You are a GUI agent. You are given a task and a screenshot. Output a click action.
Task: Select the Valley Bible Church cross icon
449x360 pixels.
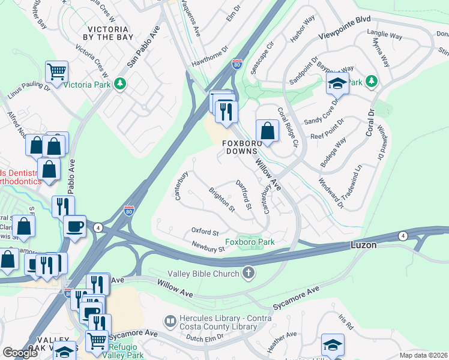point(248,274)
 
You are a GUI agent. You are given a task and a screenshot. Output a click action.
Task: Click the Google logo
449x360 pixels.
point(20,353)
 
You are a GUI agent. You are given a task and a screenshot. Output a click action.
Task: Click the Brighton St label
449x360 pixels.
point(221,200)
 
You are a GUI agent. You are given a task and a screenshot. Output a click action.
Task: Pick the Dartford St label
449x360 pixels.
point(244,195)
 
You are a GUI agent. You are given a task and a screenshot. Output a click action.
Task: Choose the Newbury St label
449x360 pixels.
point(208,246)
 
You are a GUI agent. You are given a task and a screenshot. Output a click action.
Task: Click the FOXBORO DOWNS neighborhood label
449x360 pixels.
point(244,148)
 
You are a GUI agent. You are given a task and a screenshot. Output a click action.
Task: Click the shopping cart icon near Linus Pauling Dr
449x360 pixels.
point(56,72)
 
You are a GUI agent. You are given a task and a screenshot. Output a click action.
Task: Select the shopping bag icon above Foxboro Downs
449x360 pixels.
point(267,130)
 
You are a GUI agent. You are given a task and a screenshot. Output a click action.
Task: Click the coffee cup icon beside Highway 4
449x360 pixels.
point(75,226)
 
